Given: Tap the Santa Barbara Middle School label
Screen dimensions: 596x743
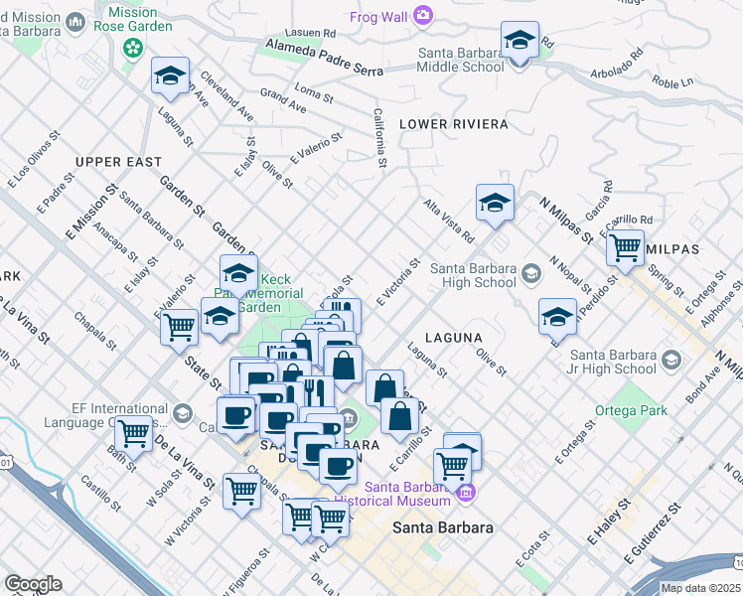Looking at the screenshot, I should (462, 61).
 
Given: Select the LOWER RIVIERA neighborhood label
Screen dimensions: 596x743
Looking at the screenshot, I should (453, 124).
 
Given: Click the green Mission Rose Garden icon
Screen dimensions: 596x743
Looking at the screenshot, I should (131, 47).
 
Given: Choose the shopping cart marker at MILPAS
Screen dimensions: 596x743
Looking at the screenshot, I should (625, 246).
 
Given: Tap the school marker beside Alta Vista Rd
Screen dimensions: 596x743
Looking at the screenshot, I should (495, 204).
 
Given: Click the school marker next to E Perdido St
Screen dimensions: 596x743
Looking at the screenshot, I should (557, 317).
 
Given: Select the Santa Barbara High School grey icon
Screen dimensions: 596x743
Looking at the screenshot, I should (532, 273).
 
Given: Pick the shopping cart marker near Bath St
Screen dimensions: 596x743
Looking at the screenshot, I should (133, 433).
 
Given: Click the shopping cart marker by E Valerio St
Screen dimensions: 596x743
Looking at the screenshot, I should (180, 326).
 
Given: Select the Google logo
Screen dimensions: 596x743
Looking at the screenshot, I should (33, 584).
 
